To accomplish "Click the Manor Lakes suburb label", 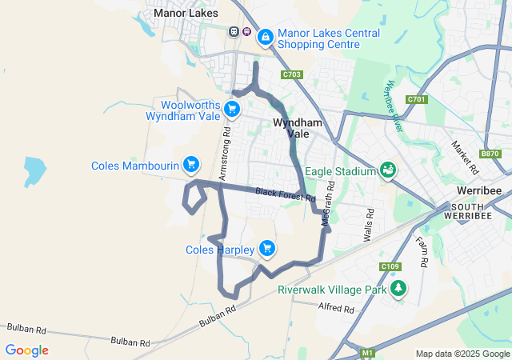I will (185, 13).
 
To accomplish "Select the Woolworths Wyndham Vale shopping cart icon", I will (231, 109).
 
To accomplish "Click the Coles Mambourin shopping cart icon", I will (190, 165).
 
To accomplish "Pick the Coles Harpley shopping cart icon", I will (267, 249).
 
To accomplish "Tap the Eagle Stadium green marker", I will (388, 170).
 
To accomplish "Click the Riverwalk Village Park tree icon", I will (398, 289).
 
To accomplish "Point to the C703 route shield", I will (292, 74).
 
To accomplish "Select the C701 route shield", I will (416, 99).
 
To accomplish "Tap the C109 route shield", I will (390, 266).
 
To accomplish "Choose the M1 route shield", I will (367, 352).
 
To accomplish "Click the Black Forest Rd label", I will (286, 194).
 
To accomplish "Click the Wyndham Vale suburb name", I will (298, 129).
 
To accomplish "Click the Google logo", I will (26, 350).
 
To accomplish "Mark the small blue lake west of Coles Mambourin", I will (34, 171).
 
